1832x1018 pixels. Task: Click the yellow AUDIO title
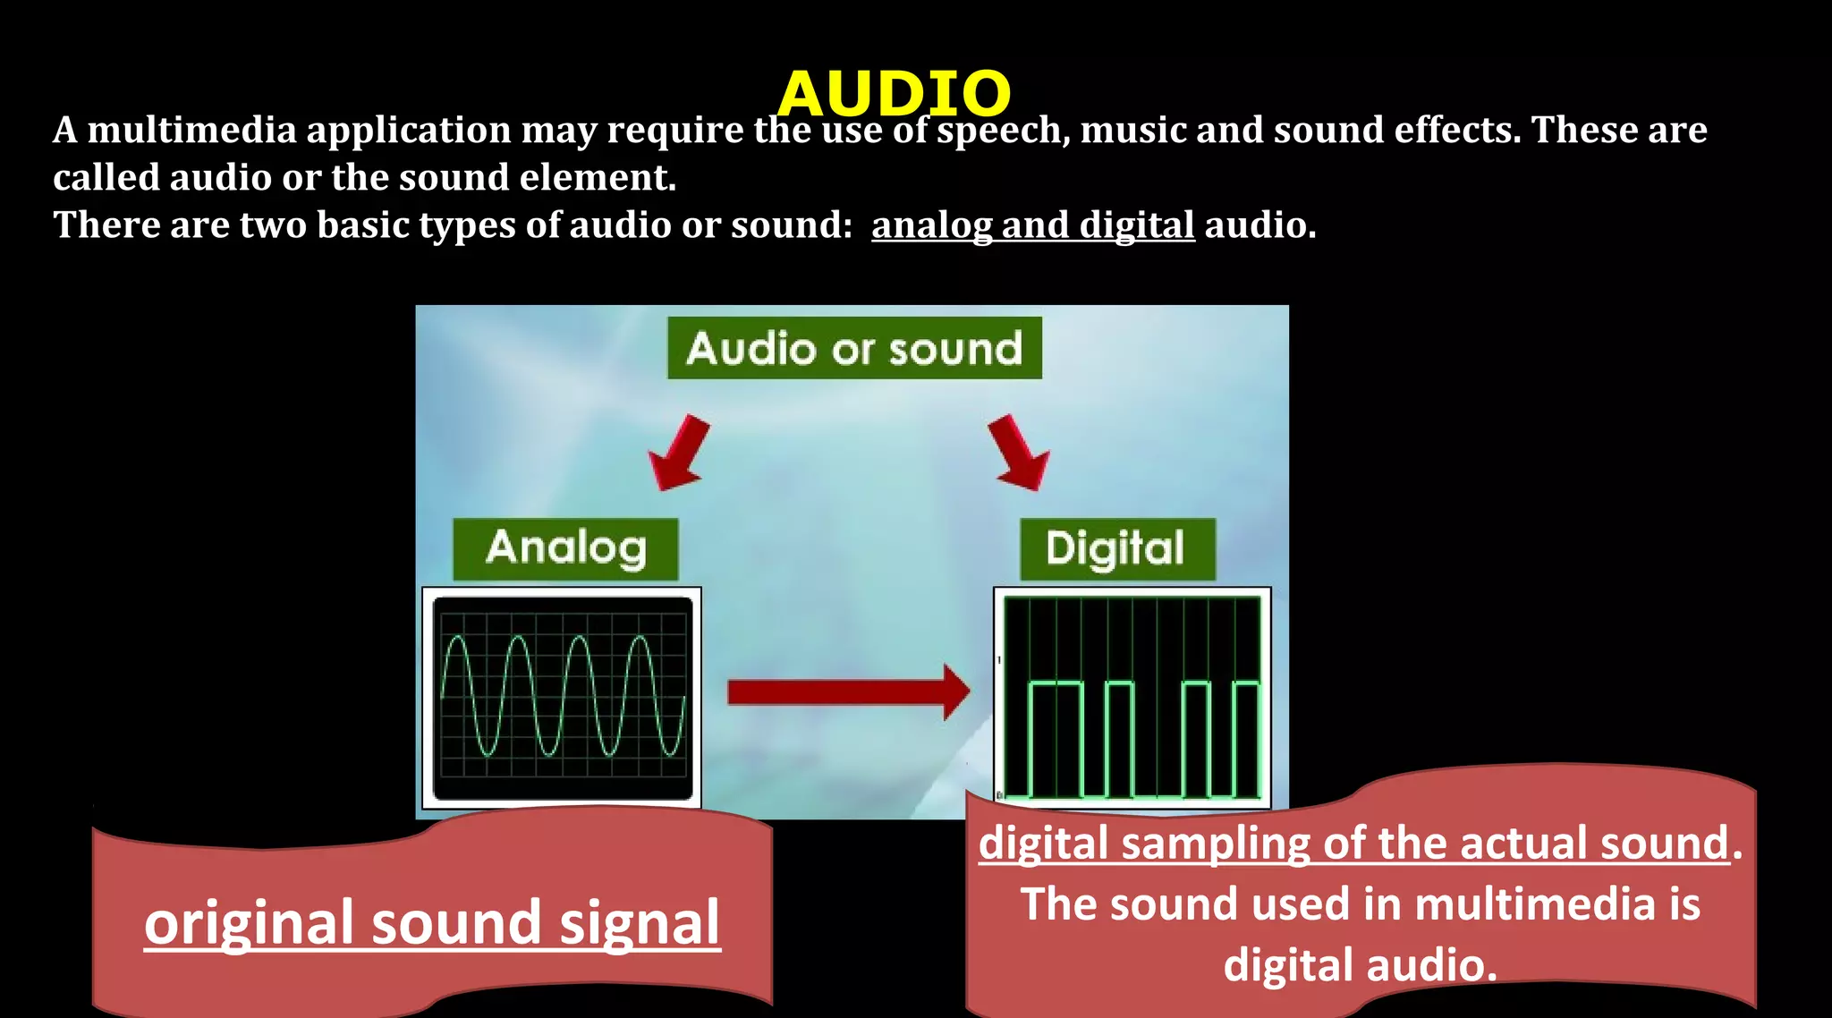(x=894, y=92)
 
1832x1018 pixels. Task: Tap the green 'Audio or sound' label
(x=854, y=348)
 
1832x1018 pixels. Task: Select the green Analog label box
(x=565, y=548)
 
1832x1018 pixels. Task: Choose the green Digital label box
(x=1116, y=548)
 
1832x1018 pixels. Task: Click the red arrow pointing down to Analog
(x=680, y=452)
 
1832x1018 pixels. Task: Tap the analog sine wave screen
(x=562, y=698)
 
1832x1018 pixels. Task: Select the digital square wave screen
(x=1132, y=698)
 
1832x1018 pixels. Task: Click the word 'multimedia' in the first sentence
(x=191, y=131)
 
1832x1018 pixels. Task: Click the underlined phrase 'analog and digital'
(x=1032, y=225)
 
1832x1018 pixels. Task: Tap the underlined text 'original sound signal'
(x=432, y=923)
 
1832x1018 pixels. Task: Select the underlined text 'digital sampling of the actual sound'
(x=1353, y=844)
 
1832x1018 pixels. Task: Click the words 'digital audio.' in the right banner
(x=1360, y=966)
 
